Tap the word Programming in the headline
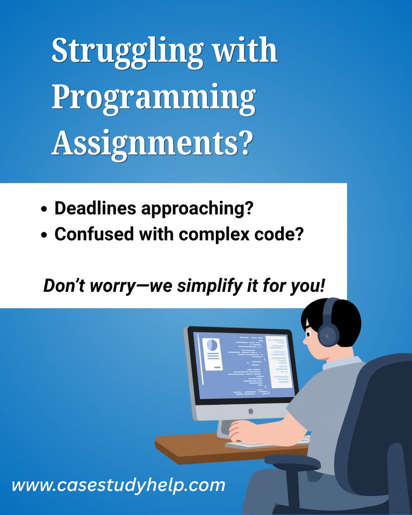154,99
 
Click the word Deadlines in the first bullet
96,208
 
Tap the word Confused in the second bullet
94,234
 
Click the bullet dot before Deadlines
44,209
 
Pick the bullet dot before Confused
44,235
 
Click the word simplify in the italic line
210,286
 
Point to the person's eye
309,333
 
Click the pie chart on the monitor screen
212,345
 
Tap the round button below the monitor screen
251,411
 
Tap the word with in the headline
245,51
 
